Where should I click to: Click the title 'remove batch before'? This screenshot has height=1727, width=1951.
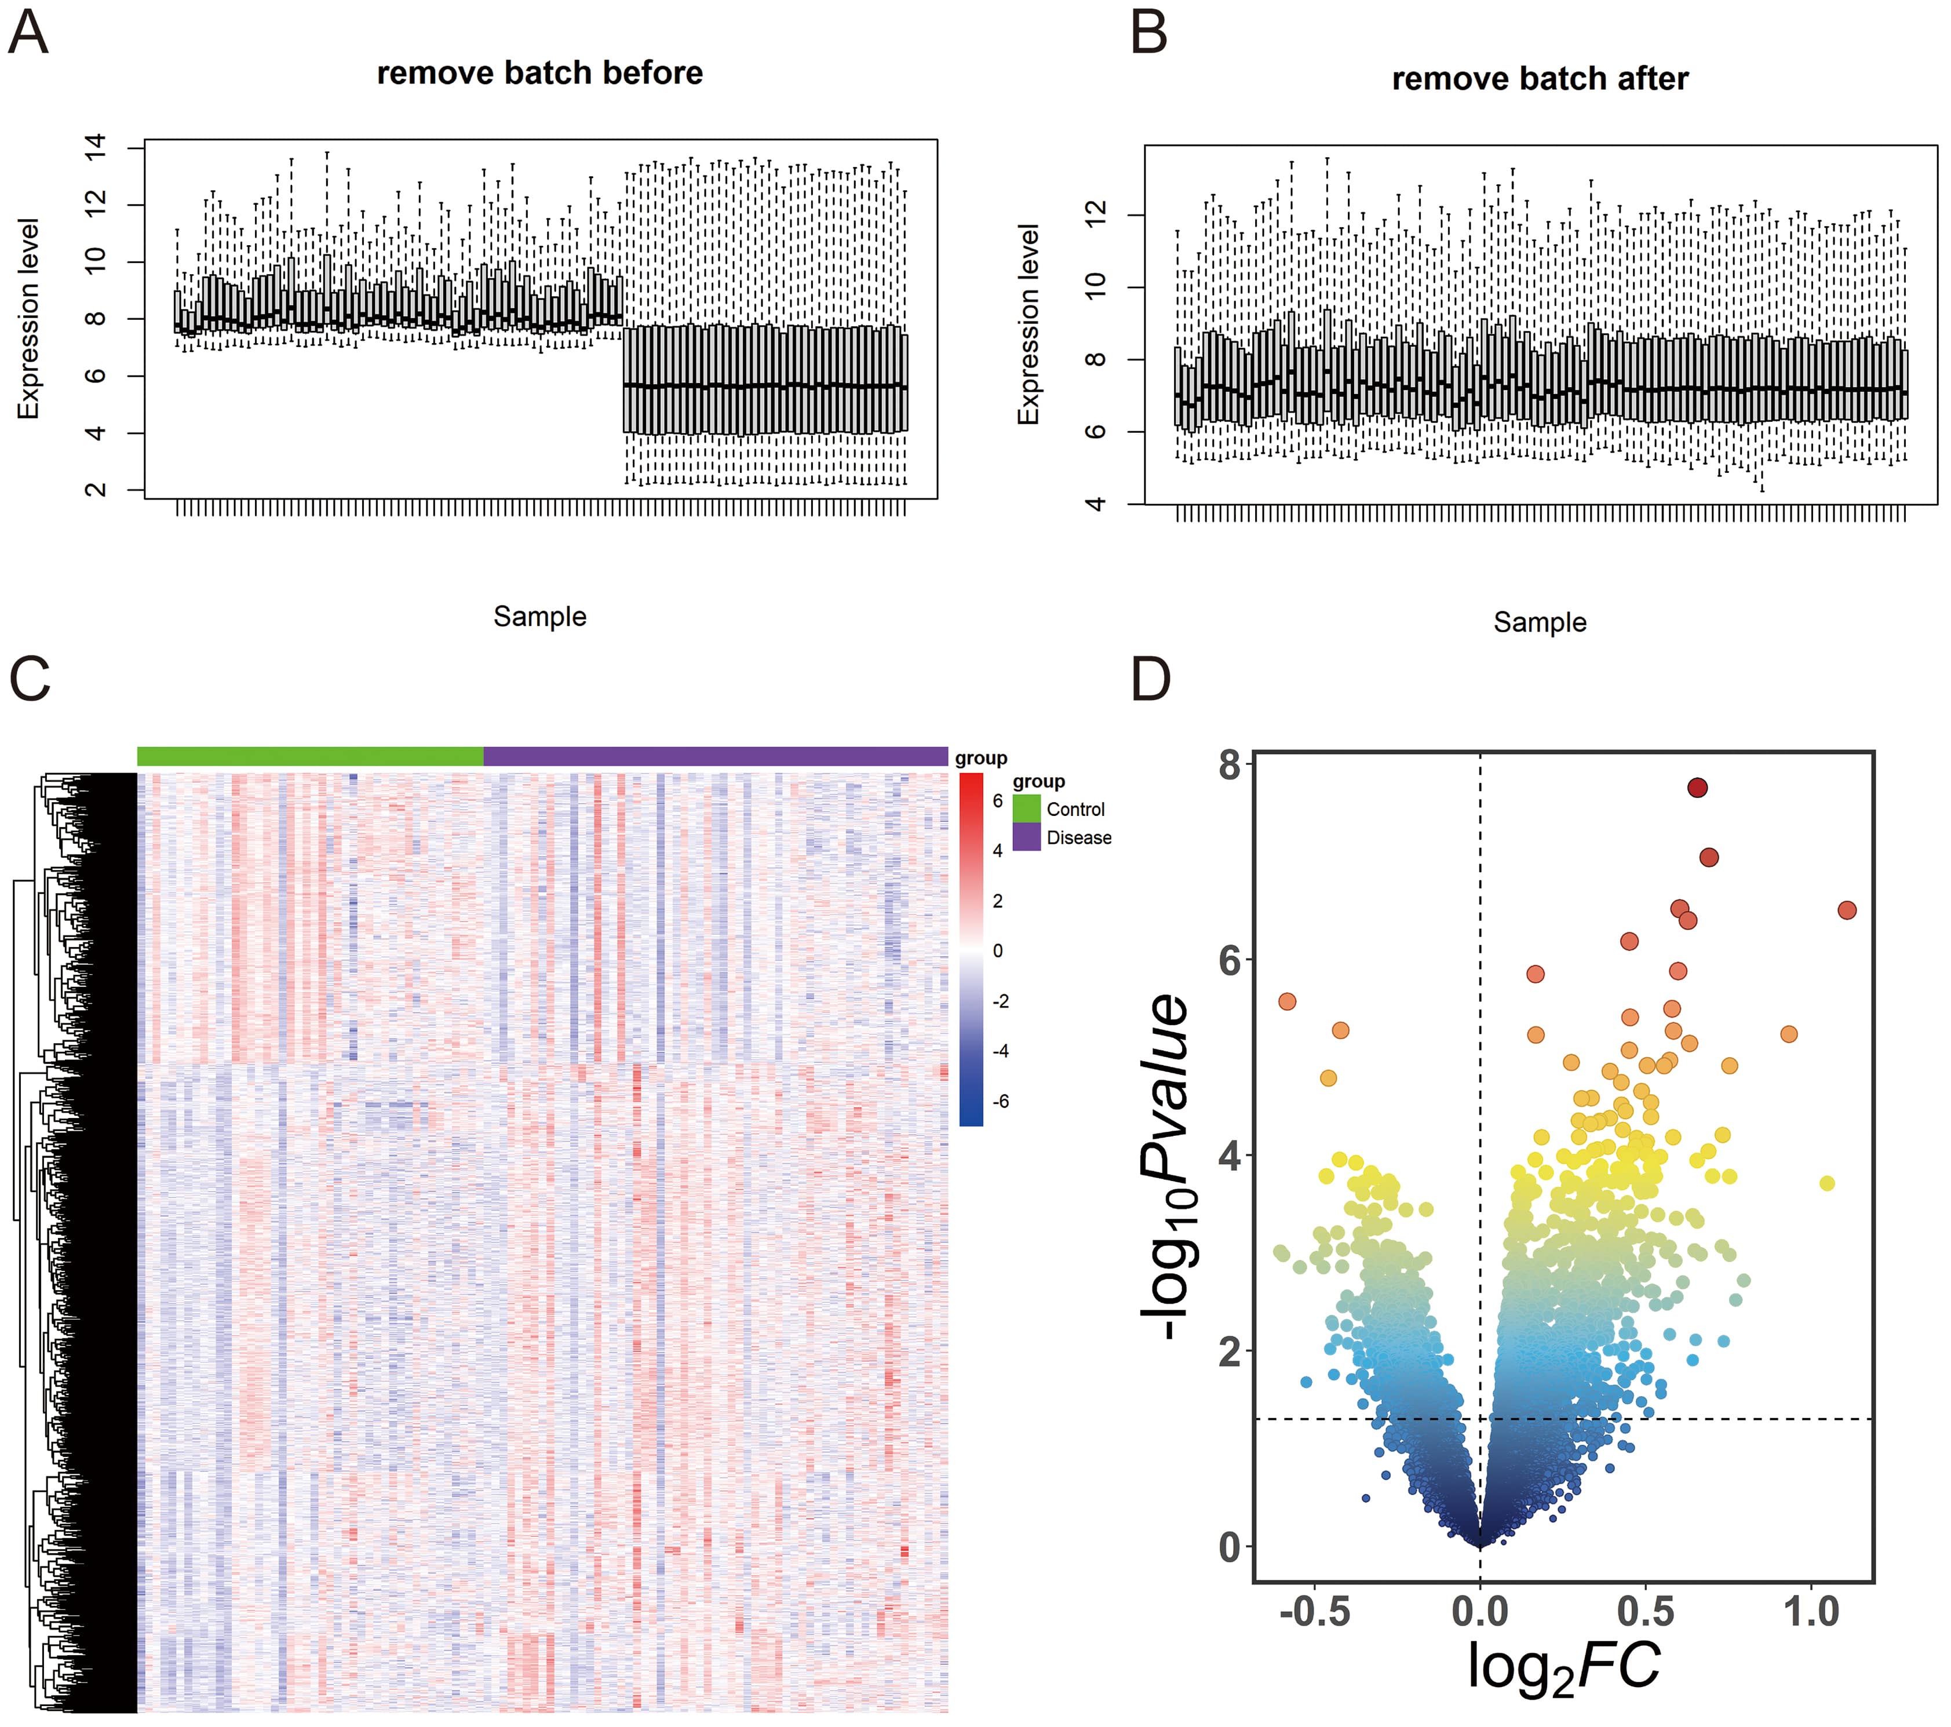[539, 74]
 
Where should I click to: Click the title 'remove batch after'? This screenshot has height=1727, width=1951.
[1540, 79]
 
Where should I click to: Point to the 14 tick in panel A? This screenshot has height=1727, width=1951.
[96, 147]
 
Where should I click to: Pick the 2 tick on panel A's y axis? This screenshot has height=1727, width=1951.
[96, 490]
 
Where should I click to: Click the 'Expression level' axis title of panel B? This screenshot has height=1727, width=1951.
[1028, 325]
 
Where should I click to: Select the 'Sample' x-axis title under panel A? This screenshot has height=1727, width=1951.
[539, 617]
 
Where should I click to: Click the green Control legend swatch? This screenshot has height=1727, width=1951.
[1026, 808]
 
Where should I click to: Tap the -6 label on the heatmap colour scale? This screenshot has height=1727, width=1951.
[1000, 1101]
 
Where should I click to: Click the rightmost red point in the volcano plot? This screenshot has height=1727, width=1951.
[1846, 910]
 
